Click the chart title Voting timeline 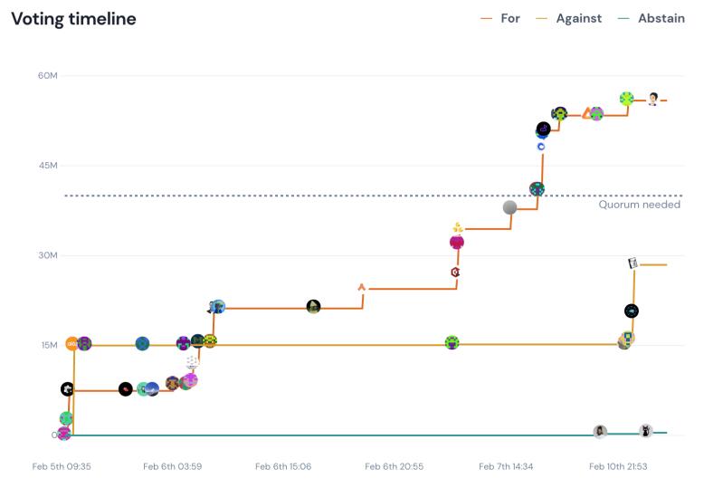(x=73, y=19)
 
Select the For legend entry (x=509, y=18)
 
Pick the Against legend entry (x=578, y=18)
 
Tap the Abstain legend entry (x=661, y=18)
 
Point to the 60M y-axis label (x=48, y=75)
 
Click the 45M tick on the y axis (x=48, y=166)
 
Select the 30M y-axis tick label (x=48, y=255)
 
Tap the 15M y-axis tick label (x=48, y=345)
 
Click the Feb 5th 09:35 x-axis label (x=62, y=466)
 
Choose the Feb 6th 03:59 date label (x=173, y=466)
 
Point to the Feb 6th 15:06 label (x=284, y=466)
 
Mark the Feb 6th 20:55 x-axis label (x=395, y=466)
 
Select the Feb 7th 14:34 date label (x=507, y=466)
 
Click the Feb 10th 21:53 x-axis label (x=619, y=466)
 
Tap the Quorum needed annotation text (x=639, y=205)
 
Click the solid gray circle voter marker (x=510, y=207)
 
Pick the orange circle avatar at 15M (x=72, y=344)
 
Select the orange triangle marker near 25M (x=362, y=287)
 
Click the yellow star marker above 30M (x=458, y=227)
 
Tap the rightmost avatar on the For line (x=652, y=99)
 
